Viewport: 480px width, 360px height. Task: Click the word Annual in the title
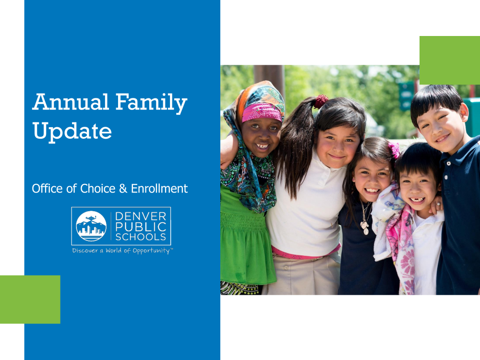(71, 102)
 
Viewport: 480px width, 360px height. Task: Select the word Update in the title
(72, 132)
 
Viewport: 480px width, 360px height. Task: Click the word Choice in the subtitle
(97, 189)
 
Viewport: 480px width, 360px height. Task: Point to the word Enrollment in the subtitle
(159, 189)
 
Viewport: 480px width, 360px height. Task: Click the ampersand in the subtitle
(123, 189)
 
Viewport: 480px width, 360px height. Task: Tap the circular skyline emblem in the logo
(91, 226)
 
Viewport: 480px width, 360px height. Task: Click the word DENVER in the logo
(141, 216)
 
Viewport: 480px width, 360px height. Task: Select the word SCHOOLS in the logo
(141, 237)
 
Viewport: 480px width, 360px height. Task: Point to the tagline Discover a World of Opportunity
(122, 251)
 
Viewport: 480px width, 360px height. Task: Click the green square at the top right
(450, 60)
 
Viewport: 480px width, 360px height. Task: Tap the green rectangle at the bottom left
(30, 300)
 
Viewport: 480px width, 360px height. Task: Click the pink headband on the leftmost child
(262, 112)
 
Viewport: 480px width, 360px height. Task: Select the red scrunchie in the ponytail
(321, 101)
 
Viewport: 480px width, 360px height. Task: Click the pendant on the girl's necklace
(365, 228)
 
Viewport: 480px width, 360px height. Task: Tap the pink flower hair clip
(394, 150)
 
